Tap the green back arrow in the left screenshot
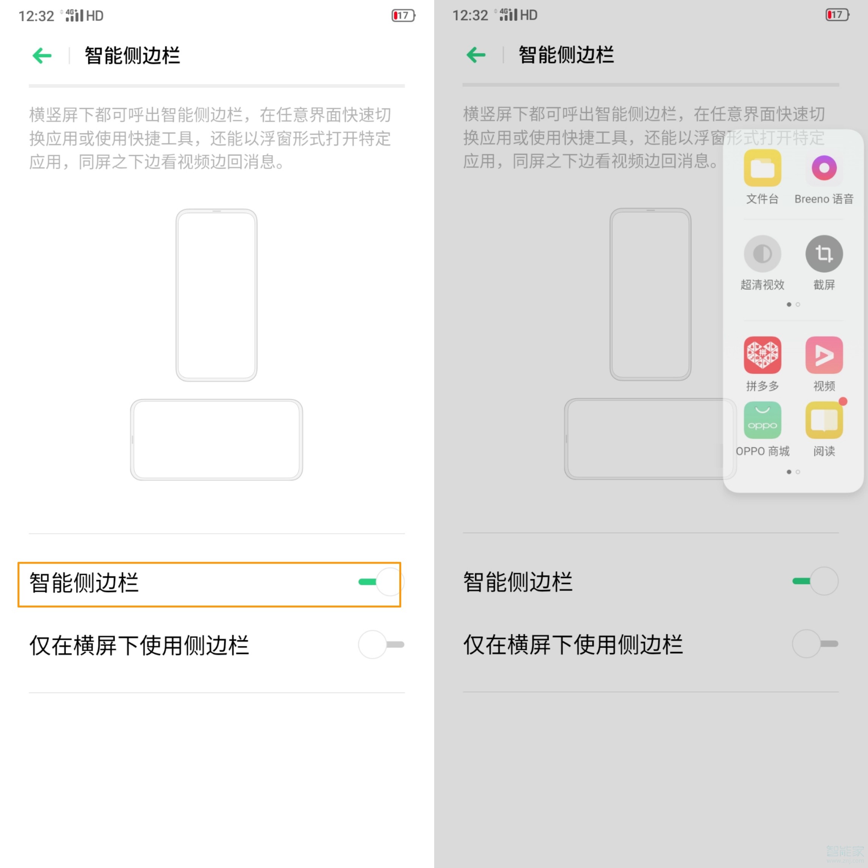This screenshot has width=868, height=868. [x=42, y=56]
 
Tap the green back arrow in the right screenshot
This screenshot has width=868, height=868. [x=476, y=55]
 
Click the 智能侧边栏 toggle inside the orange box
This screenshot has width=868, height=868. [x=381, y=582]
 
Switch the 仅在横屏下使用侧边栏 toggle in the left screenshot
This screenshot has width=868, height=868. [x=381, y=645]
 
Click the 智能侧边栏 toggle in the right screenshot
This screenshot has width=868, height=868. [x=815, y=581]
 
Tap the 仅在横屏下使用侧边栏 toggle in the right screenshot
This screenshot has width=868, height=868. [x=815, y=644]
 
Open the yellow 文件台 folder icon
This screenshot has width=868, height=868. [x=763, y=168]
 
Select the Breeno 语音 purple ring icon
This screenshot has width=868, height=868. [x=824, y=168]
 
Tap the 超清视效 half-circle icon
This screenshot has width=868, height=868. [x=763, y=254]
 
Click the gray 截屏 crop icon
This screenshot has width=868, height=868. [x=824, y=254]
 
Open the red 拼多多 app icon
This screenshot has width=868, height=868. [x=763, y=355]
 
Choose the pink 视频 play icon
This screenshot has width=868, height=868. [x=824, y=355]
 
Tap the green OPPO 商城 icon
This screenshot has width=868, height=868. [x=763, y=420]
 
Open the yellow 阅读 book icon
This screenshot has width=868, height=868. [x=824, y=420]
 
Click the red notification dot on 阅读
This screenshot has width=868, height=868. [x=843, y=401]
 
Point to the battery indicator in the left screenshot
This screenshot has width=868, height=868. [x=403, y=16]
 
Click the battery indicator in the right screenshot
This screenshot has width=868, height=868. [x=837, y=15]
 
